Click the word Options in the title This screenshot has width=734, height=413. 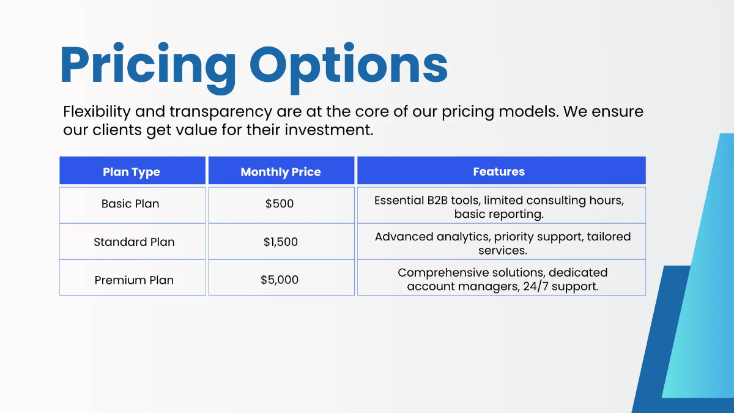(x=349, y=64)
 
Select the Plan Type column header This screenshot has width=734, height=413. (x=132, y=172)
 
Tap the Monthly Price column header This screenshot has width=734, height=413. (x=281, y=172)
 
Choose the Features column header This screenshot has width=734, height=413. (x=499, y=172)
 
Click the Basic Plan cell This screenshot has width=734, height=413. (x=130, y=204)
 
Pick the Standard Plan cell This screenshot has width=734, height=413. (x=134, y=242)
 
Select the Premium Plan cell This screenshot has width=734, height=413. (x=134, y=280)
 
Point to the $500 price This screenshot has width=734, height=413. (x=280, y=204)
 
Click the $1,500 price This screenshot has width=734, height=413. (x=281, y=242)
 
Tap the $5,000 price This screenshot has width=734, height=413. (x=280, y=280)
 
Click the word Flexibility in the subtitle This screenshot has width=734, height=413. (x=97, y=112)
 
